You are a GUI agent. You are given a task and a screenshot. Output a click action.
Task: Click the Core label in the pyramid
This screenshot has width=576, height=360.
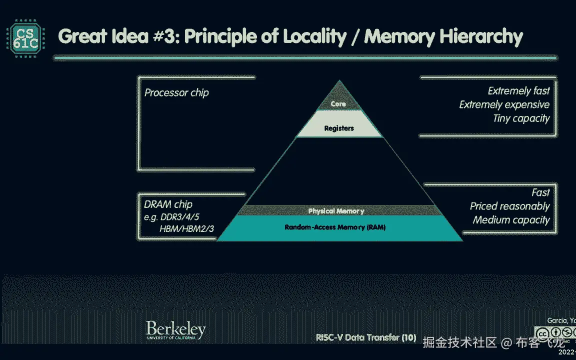338,104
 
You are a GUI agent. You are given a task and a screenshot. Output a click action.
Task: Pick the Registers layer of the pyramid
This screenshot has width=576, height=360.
339,128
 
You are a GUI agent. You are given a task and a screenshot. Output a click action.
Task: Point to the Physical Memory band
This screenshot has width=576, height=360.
336,211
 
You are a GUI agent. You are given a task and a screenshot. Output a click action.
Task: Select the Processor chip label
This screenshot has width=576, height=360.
176,92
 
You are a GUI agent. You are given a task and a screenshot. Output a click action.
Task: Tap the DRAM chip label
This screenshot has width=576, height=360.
168,204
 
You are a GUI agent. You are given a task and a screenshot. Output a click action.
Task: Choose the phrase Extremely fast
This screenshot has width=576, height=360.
518,91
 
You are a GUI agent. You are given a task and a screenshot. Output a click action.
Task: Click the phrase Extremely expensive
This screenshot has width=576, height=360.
504,104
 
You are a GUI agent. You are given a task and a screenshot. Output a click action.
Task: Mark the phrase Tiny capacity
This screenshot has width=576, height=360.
521,118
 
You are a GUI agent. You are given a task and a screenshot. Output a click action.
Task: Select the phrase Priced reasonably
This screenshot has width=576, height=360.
509,206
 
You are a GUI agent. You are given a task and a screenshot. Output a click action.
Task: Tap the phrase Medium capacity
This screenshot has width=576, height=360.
511,220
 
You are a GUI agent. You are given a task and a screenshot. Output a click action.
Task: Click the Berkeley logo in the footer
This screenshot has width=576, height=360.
175,330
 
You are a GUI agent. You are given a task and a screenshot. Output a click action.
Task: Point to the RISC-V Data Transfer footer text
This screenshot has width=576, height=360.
366,337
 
